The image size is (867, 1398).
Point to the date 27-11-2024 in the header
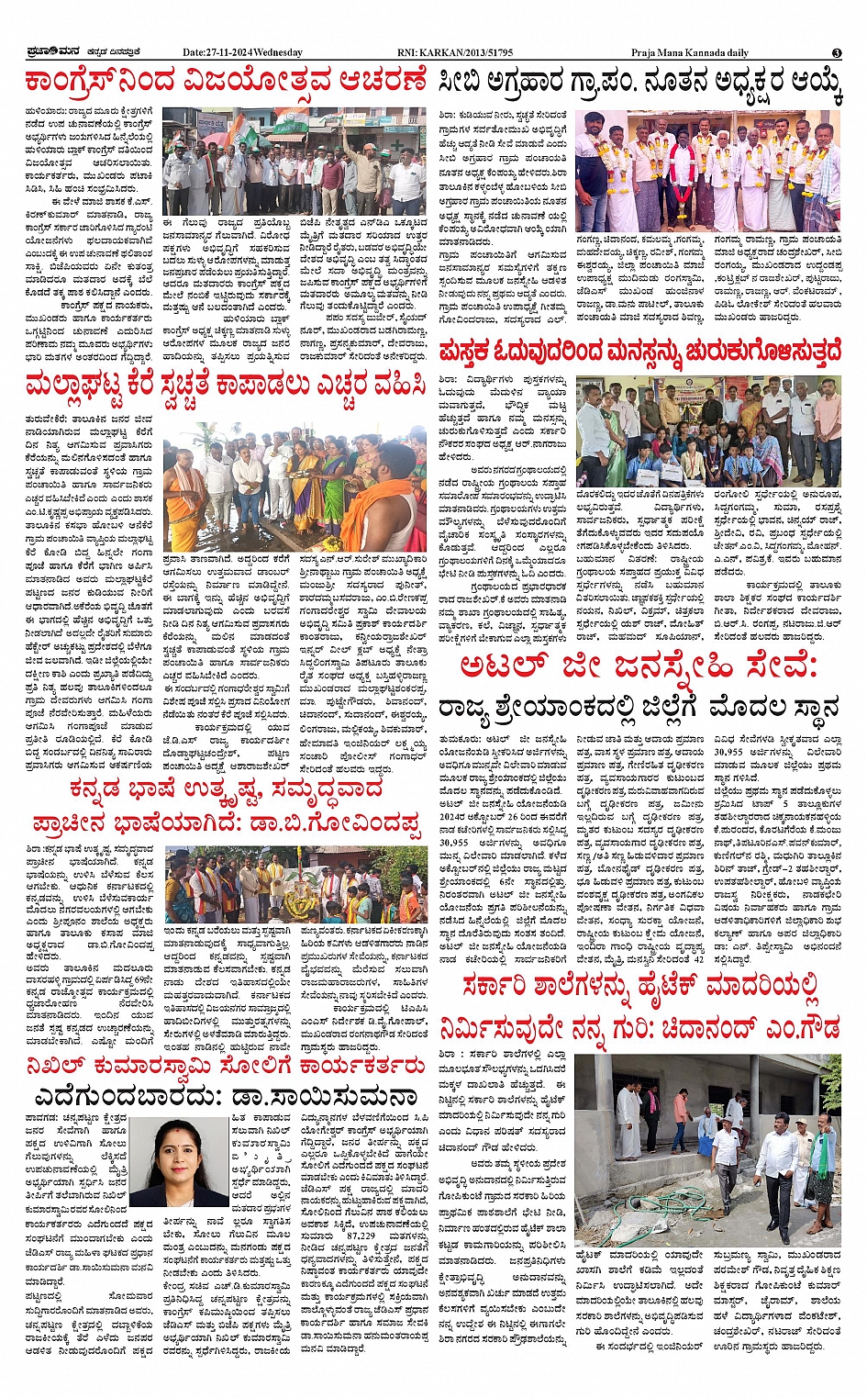218,52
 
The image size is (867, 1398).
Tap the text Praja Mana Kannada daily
689,52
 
